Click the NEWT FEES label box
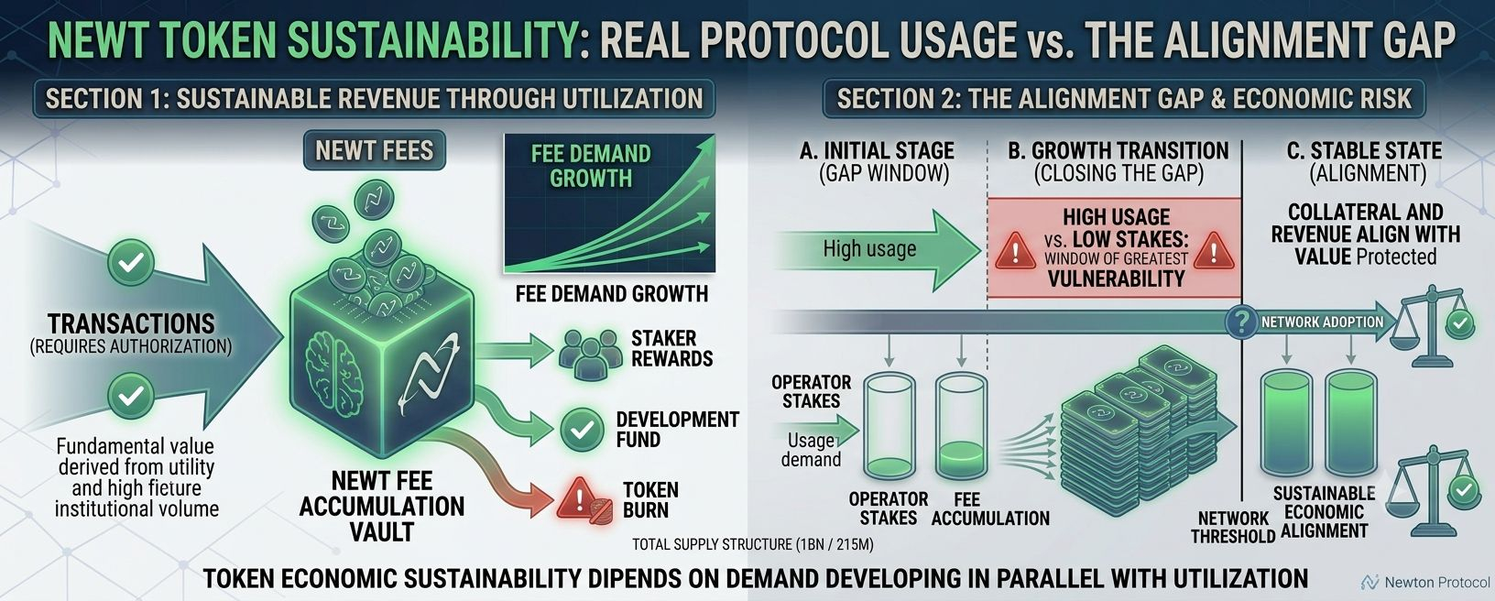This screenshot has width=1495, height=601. click(x=375, y=150)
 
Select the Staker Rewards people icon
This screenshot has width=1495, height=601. click(x=590, y=354)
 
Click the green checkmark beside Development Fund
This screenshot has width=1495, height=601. click(x=582, y=430)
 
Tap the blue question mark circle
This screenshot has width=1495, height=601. click(x=1241, y=322)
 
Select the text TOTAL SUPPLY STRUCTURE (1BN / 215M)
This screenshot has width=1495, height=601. click(x=752, y=544)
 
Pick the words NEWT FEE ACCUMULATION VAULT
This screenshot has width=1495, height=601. click(x=382, y=506)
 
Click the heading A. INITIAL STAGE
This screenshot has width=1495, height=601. click(x=877, y=150)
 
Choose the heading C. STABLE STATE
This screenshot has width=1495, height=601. click(x=1364, y=150)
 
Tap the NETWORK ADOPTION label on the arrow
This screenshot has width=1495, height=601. click(x=1322, y=322)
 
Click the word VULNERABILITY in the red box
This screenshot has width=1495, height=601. click(x=1116, y=279)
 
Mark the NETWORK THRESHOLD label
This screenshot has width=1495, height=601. click(x=1233, y=527)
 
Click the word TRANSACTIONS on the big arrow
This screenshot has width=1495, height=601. click(x=131, y=324)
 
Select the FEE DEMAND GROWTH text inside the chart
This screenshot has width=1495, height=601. click(x=591, y=166)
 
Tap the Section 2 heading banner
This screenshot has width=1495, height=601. click(x=1124, y=99)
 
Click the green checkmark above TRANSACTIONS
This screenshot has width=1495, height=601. click(x=131, y=262)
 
